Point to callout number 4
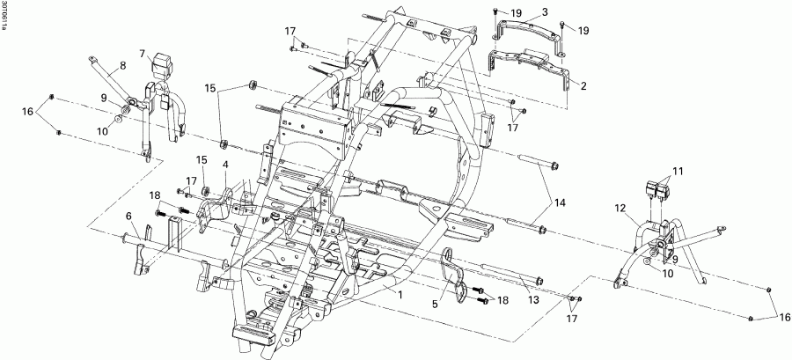pyautogui.click(x=225, y=164)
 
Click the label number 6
pyautogui.click(x=128, y=216)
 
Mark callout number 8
pyautogui.click(x=122, y=65)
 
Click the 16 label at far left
pyautogui.click(x=27, y=112)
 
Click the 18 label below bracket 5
pyautogui.click(x=502, y=301)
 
